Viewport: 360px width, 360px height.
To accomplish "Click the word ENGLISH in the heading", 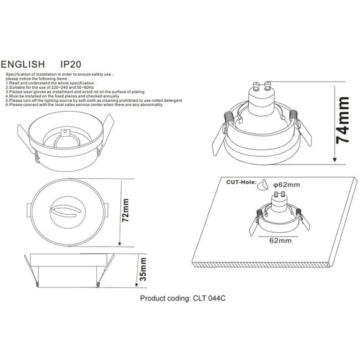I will (x=23, y=64).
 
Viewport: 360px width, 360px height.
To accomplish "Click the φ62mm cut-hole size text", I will (x=286, y=184).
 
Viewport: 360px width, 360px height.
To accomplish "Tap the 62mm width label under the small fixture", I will (x=281, y=239).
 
